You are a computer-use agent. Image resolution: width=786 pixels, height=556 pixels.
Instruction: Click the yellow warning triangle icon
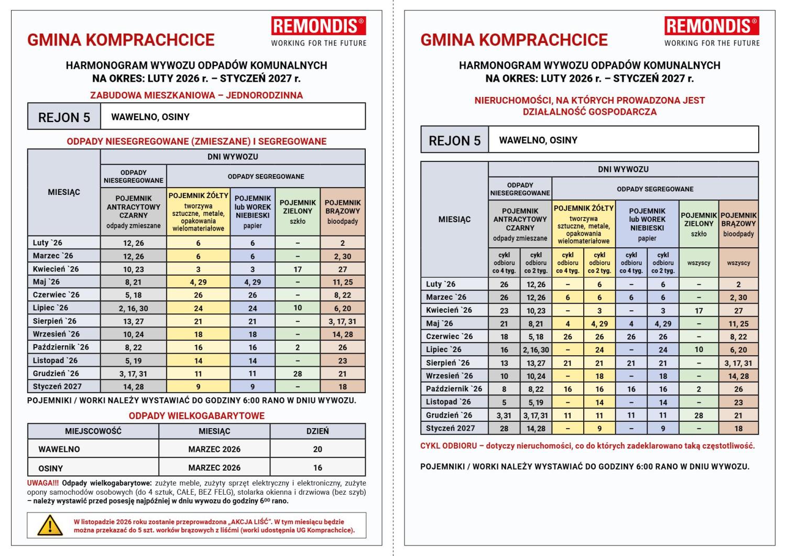click(x=50, y=525)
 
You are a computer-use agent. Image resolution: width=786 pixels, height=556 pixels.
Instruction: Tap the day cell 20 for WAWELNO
click(x=318, y=449)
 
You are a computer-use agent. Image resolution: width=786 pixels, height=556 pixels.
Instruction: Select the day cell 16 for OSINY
click(x=318, y=467)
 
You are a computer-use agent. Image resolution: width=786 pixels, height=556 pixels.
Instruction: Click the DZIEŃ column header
click(x=318, y=431)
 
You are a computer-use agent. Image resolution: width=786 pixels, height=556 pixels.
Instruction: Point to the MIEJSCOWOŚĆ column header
click(x=93, y=431)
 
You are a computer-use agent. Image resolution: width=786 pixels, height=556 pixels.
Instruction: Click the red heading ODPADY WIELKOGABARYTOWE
click(x=196, y=416)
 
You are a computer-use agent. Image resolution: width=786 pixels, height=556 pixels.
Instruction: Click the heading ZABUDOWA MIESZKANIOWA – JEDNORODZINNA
click(x=196, y=95)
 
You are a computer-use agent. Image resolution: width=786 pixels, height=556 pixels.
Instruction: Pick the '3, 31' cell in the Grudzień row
click(x=504, y=415)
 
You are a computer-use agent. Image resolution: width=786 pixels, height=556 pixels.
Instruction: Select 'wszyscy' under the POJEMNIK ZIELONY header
click(x=698, y=263)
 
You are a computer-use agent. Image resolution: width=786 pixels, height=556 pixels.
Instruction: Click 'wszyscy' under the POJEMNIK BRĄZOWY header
click(x=738, y=263)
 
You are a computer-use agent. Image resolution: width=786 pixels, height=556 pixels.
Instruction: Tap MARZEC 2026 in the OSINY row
click(x=214, y=467)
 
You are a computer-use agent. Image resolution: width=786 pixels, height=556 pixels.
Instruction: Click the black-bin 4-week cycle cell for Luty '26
click(x=504, y=284)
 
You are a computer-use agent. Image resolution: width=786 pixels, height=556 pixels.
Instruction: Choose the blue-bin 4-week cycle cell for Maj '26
click(x=631, y=323)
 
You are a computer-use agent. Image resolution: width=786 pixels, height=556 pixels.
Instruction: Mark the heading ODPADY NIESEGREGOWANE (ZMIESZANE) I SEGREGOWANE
click(x=196, y=141)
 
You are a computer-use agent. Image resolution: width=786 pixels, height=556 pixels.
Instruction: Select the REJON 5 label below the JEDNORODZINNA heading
click(x=64, y=117)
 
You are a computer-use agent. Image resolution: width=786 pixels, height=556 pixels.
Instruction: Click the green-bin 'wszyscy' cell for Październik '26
click(x=698, y=389)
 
